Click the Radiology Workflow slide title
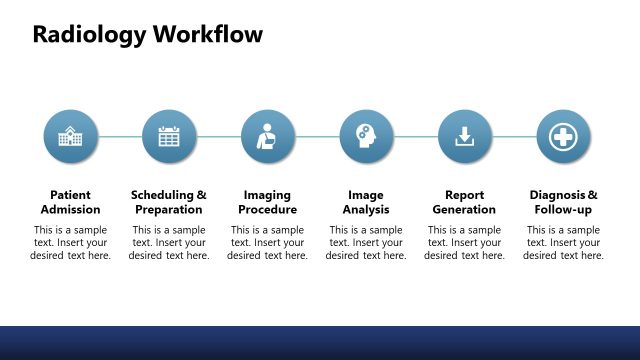(x=148, y=35)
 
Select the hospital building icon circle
(x=70, y=137)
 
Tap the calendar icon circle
(x=169, y=137)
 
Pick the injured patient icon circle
(x=267, y=137)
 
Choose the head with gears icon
(x=366, y=137)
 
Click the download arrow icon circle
(x=464, y=137)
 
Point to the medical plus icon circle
(x=563, y=137)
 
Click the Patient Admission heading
(x=70, y=202)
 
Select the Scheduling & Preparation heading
(x=169, y=202)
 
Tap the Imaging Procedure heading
(x=267, y=202)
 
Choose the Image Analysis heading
(x=366, y=202)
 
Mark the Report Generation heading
(x=464, y=202)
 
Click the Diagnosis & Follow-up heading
(x=563, y=202)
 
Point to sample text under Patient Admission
(x=70, y=243)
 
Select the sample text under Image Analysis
(x=366, y=243)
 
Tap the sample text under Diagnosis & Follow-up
(x=563, y=243)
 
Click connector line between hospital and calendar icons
(x=119, y=137)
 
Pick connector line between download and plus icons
(x=514, y=137)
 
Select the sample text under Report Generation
(x=464, y=243)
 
